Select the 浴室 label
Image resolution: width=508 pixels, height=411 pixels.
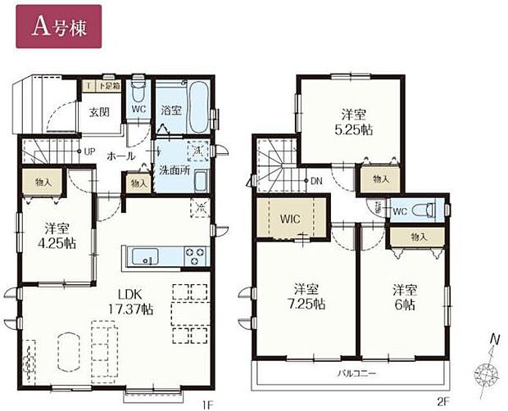(x=170, y=109)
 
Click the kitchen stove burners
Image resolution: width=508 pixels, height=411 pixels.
(x=196, y=255)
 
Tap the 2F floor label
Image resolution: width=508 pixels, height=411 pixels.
(x=443, y=404)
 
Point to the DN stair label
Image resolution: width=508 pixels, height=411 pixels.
(x=315, y=182)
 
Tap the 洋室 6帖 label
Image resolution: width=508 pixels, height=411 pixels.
(x=402, y=296)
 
